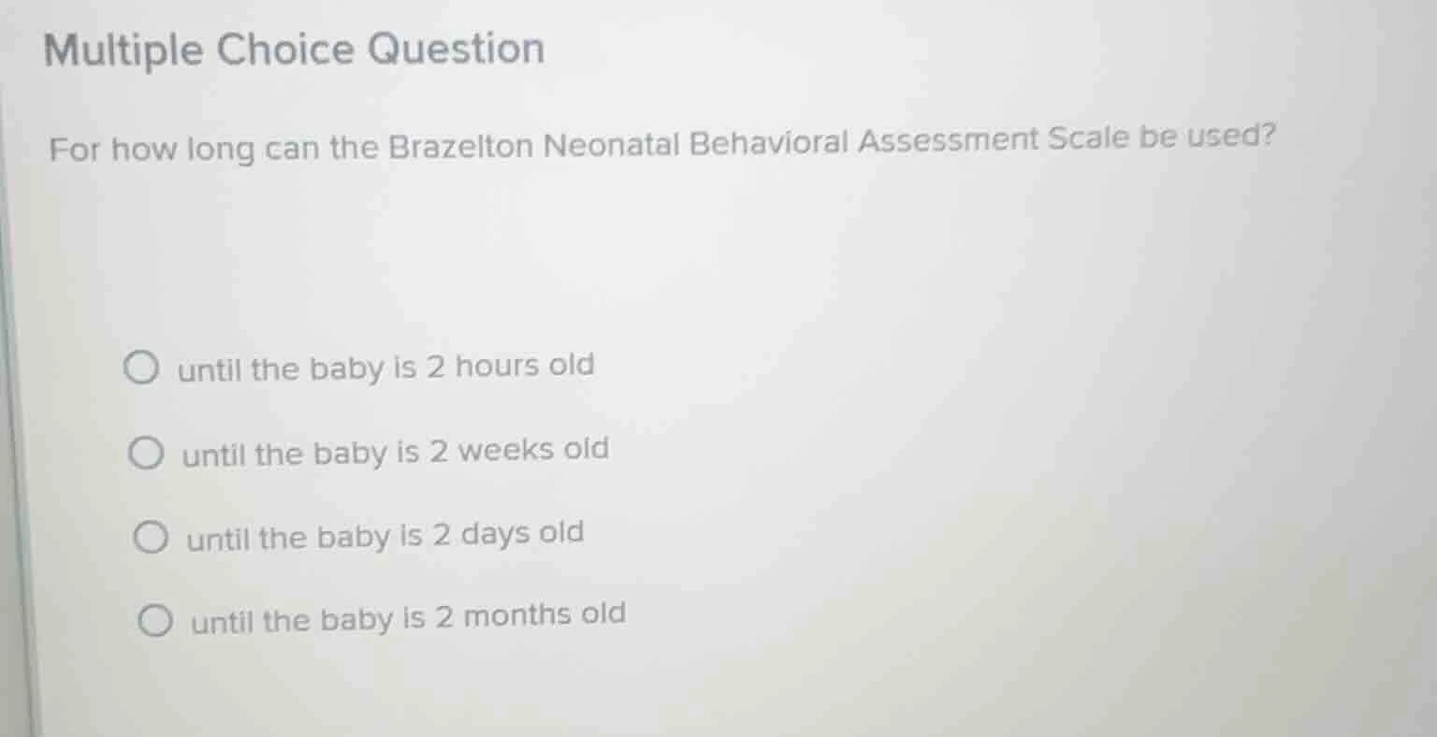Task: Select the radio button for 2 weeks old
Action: tap(145, 454)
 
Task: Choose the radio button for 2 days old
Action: tap(150, 538)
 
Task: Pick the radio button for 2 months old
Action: tap(154, 620)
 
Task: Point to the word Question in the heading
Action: tap(456, 48)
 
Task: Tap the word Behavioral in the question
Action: tap(769, 142)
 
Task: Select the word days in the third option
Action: tap(495, 534)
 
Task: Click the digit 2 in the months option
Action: tap(443, 617)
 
